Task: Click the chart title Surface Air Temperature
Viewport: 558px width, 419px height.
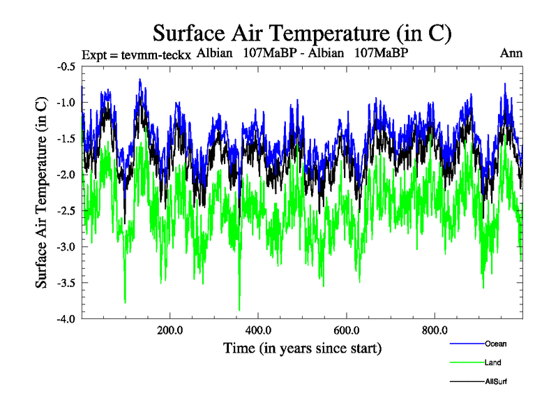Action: click(303, 32)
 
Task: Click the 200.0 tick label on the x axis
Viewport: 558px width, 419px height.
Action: click(169, 330)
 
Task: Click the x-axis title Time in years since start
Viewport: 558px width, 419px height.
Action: click(302, 347)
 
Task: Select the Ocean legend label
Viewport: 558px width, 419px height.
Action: click(495, 343)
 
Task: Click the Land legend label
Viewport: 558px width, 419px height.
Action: click(492, 362)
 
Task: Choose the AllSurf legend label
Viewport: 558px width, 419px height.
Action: click(496, 382)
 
